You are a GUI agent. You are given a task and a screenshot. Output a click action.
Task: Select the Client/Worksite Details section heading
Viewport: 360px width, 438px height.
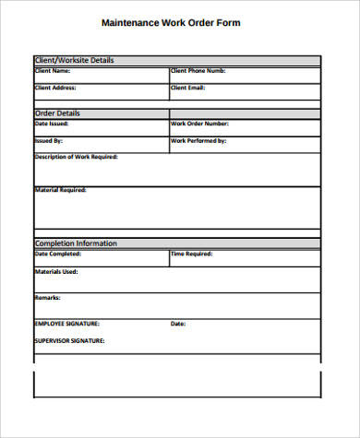click(x=74, y=61)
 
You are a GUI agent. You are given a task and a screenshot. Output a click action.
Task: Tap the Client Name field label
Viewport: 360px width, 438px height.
click(x=52, y=71)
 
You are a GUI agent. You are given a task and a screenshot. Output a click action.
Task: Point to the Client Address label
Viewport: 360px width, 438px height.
click(x=55, y=88)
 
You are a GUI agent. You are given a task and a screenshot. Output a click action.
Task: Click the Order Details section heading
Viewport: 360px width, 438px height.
click(x=59, y=113)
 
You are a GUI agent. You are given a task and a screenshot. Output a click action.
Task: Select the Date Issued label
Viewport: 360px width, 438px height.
click(x=52, y=124)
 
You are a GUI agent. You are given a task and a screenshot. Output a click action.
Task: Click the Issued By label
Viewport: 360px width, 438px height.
click(x=49, y=140)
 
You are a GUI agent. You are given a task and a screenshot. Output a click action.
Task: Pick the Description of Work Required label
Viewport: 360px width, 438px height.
click(x=76, y=157)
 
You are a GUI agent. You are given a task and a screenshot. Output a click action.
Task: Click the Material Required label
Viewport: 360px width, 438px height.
click(x=60, y=190)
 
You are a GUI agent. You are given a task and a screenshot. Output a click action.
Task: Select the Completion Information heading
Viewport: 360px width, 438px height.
click(x=76, y=243)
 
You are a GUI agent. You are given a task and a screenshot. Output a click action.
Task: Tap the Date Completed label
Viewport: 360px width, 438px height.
click(x=57, y=254)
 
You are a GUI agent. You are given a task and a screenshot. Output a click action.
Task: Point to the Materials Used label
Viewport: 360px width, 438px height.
click(x=56, y=271)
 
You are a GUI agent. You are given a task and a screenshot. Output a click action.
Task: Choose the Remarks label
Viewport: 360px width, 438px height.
click(x=48, y=298)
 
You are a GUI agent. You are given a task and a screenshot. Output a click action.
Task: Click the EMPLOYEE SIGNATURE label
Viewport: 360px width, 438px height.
click(x=66, y=325)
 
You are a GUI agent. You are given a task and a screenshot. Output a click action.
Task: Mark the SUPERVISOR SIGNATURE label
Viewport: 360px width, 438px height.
click(x=69, y=341)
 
